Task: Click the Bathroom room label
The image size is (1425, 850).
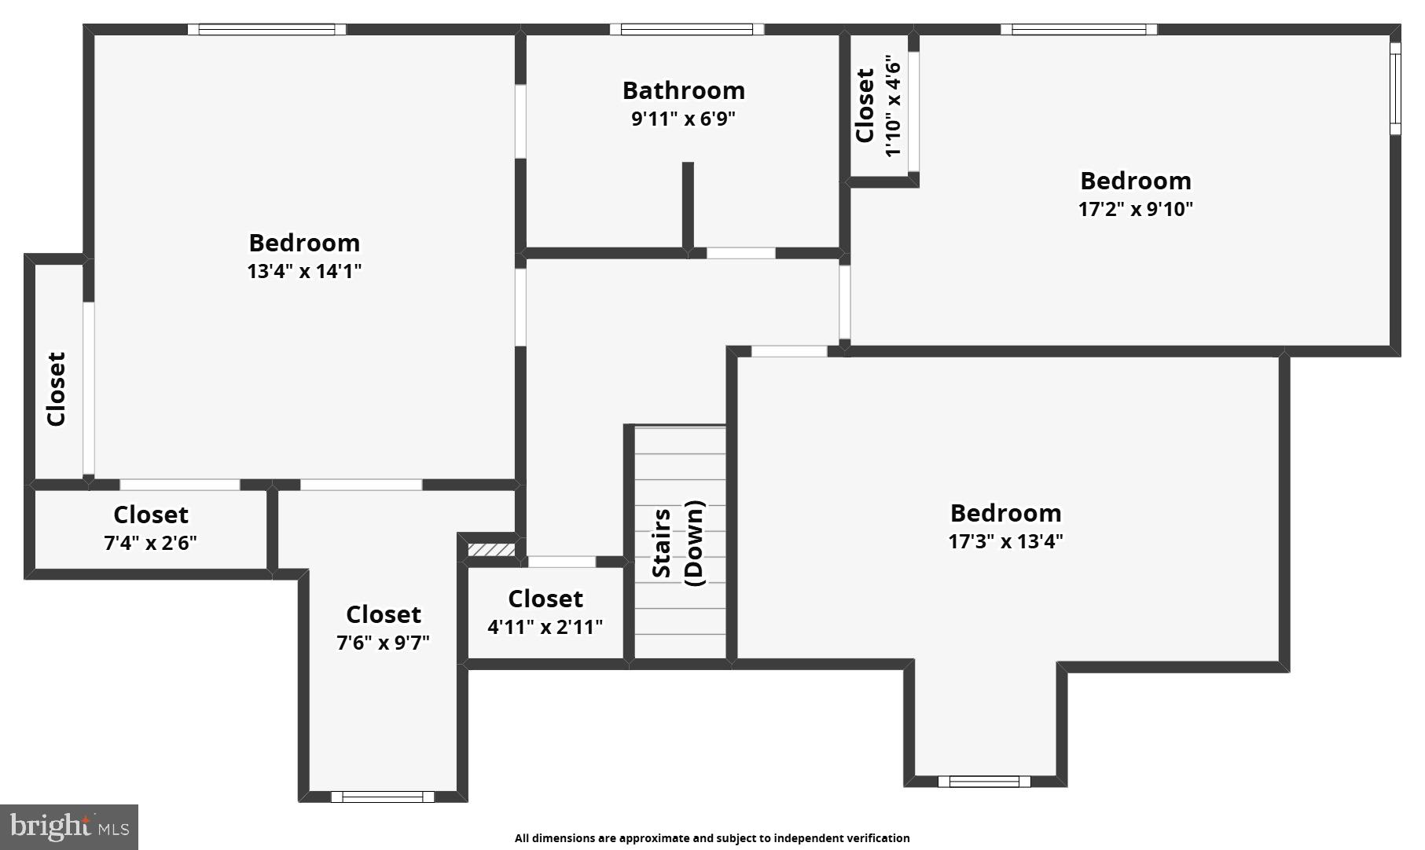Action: click(x=683, y=90)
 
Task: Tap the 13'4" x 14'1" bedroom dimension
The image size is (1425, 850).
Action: click(x=304, y=271)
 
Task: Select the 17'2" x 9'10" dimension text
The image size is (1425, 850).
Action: click(x=1135, y=209)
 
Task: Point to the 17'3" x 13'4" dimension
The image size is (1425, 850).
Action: click(x=1005, y=541)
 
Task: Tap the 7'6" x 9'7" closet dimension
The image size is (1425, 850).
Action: click(x=383, y=643)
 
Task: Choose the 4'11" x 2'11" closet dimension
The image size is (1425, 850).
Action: click(x=545, y=627)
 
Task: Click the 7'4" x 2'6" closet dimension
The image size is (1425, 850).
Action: click(x=150, y=543)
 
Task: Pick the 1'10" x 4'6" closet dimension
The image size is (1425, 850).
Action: click(x=892, y=105)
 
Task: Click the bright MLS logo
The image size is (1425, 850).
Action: click(x=69, y=826)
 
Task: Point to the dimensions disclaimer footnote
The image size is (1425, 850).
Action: click(x=711, y=838)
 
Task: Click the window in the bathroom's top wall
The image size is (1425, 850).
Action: click(x=687, y=30)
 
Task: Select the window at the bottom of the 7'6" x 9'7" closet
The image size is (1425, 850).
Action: click(x=382, y=797)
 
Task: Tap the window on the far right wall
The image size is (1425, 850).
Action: click(x=1395, y=88)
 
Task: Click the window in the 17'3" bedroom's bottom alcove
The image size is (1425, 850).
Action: click(x=983, y=781)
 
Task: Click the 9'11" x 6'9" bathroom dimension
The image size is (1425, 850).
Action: click(x=683, y=119)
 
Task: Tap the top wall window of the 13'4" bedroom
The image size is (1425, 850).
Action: click(x=266, y=30)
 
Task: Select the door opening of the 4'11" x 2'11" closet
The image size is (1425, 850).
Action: click(x=561, y=562)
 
